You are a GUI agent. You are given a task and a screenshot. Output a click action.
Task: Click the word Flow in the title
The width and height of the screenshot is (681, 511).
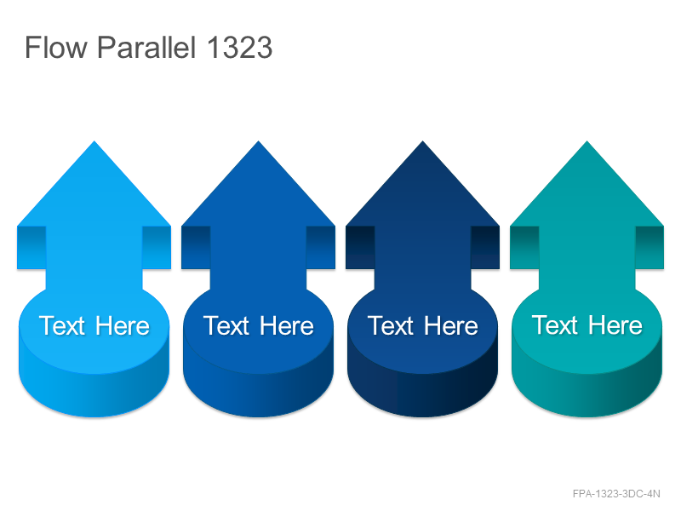tap(56, 47)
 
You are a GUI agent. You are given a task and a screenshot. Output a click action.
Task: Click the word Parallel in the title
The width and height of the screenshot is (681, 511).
tap(146, 47)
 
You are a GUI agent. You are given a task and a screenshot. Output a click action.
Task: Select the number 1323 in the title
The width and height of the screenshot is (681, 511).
tap(239, 47)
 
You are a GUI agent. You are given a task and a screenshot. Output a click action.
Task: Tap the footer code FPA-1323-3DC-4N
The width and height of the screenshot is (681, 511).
tap(616, 494)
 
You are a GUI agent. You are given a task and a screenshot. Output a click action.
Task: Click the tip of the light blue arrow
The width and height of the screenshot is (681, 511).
tap(94, 141)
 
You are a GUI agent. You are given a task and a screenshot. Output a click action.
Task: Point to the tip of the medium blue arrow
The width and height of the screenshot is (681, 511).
tap(259, 141)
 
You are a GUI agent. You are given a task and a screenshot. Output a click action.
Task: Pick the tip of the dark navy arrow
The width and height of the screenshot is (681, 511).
tap(422, 141)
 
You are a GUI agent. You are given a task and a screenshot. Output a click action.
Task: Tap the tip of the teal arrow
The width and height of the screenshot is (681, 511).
tap(587, 141)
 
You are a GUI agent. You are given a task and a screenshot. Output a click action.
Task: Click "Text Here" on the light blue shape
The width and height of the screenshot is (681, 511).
tap(94, 326)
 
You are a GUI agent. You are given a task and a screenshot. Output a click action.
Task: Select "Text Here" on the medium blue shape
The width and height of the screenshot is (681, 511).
tap(259, 326)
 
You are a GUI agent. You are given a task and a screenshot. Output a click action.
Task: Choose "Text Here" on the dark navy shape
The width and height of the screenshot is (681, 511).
tap(422, 326)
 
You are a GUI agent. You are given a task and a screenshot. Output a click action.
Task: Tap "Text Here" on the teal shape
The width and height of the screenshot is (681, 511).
tap(587, 325)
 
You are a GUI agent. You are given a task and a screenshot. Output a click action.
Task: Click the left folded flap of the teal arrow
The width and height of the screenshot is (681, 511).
tap(524, 248)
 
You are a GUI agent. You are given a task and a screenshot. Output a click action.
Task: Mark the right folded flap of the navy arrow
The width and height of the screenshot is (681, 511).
tap(485, 248)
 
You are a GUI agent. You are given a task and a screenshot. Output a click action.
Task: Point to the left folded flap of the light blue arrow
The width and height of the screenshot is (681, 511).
tap(31, 248)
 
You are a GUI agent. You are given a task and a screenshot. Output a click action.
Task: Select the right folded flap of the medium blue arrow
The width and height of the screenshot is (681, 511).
tap(321, 248)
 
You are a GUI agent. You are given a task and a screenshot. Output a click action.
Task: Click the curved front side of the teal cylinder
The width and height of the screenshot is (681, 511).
tap(587, 394)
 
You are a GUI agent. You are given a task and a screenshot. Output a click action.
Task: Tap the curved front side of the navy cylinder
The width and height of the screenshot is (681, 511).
tap(422, 394)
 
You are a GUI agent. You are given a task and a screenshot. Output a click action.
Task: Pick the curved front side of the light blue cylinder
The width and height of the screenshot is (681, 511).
tap(94, 394)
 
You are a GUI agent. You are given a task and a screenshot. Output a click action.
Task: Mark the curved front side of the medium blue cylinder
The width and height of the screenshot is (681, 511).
tap(259, 394)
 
